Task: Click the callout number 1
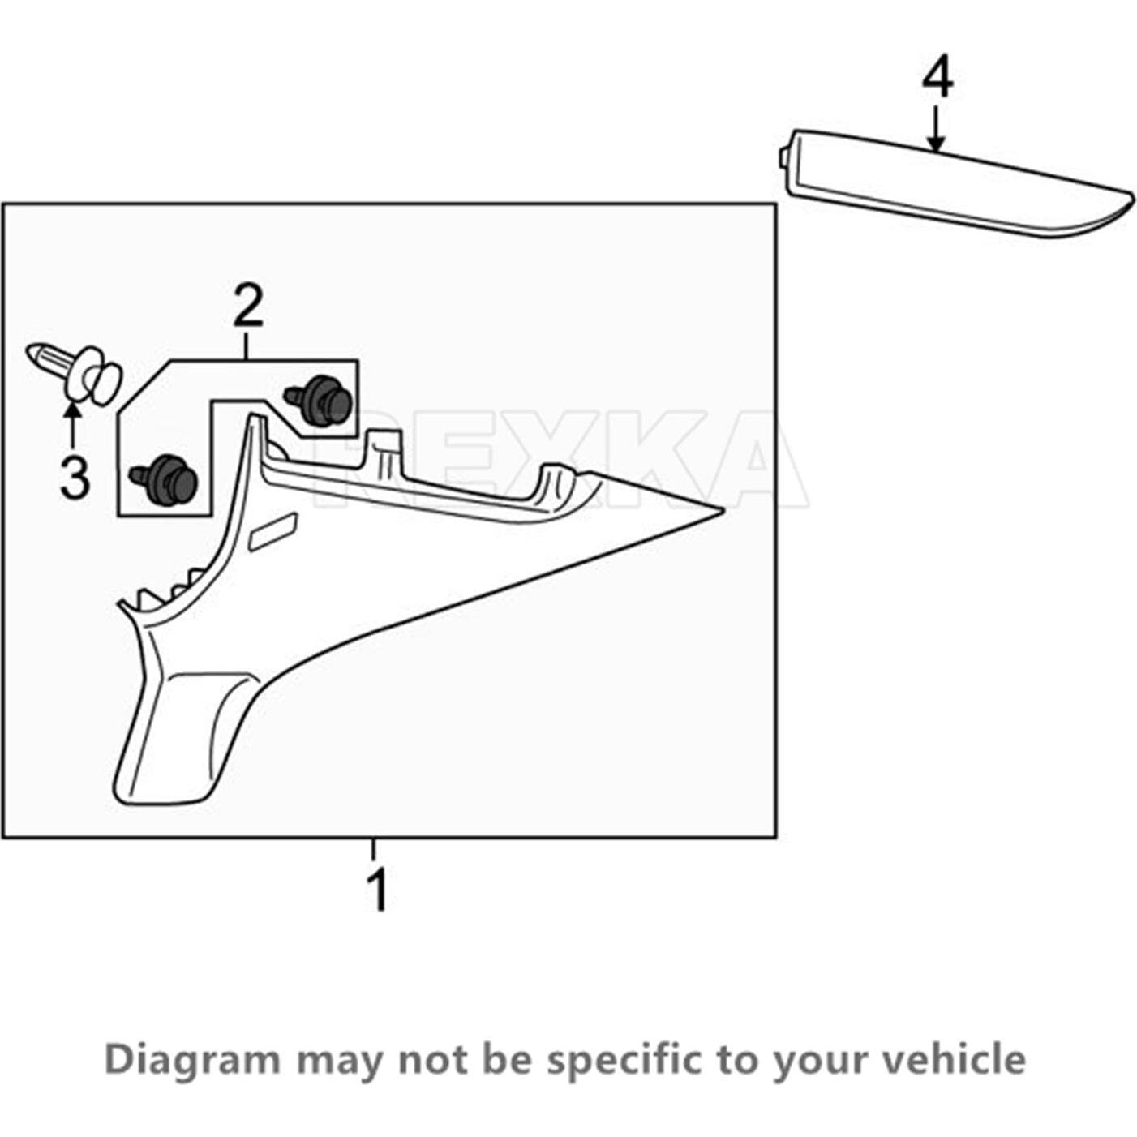coord(378,890)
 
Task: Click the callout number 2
coord(247,306)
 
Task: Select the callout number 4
coord(937,79)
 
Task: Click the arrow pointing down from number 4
coord(937,130)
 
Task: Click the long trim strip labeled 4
coord(949,187)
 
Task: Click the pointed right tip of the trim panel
coord(717,510)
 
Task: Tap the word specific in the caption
coord(624,1060)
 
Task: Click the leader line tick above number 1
coord(374,850)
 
